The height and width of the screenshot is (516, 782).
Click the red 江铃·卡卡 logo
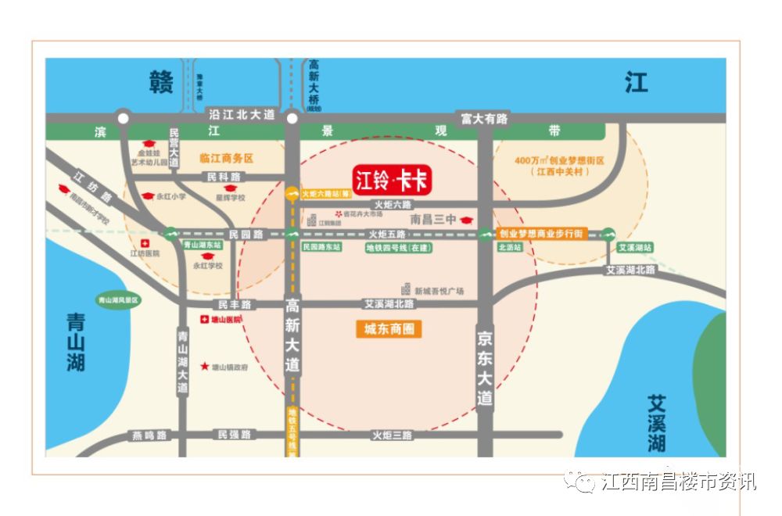(x=392, y=181)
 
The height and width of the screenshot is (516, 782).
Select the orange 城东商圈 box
(x=389, y=329)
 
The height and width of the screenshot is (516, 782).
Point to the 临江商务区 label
(x=227, y=158)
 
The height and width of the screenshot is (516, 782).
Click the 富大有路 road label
(x=484, y=119)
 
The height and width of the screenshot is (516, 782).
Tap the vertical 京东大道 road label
(x=485, y=367)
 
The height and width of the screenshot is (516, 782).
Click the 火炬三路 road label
(x=392, y=435)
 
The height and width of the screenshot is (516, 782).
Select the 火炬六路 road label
(x=392, y=204)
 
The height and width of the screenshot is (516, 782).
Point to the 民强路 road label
(x=234, y=435)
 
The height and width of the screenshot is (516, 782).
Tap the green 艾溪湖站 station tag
(x=634, y=247)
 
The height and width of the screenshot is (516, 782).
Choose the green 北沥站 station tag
(x=509, y=247)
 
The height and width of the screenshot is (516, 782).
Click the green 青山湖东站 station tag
(x=203, y=245)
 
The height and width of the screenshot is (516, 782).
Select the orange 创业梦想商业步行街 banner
(x=540, y=234)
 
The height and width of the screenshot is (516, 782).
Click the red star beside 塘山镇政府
(x=205, y=366)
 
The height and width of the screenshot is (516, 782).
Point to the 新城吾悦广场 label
(x=439, y=291)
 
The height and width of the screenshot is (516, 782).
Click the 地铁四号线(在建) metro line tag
(x=399, y=248)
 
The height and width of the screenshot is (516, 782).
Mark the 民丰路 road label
(x=233, y=303)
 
